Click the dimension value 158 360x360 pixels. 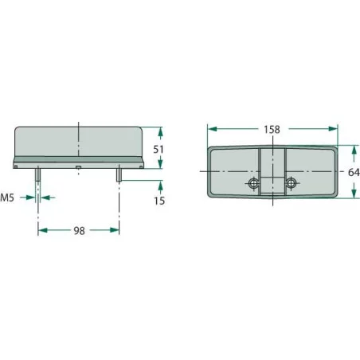point(272,130)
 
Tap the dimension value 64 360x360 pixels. point(354,172)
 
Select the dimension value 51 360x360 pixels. point(158,150)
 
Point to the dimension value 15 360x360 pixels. point(159,201)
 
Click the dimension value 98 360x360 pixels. point(79,231)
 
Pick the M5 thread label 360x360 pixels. point(7,198)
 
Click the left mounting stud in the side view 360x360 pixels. point(38,174)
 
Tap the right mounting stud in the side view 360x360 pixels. point(119,174)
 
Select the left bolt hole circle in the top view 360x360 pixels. point(254,183)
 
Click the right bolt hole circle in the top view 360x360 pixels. point(291,183)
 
